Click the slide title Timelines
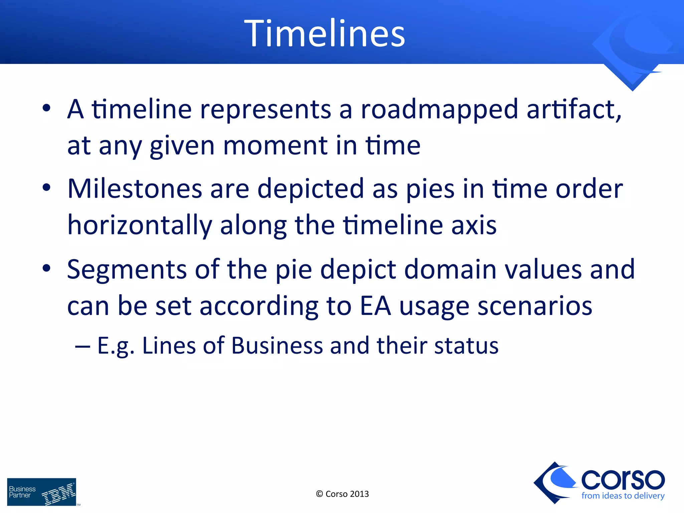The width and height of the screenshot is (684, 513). tap(325, 33)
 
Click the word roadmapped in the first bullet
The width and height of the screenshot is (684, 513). tap(440, 110)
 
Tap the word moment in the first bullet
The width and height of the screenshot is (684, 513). tap(275, 146)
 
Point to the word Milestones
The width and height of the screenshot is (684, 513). tap(134, 189)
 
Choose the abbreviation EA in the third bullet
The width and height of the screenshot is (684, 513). tap(375, 306)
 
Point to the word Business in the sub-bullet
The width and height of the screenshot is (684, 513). tap(277, 345)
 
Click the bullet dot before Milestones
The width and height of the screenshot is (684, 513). tap(46, 188)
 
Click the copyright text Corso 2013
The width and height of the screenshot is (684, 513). tap(342, 494)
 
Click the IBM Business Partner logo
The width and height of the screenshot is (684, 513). tap(42, 492)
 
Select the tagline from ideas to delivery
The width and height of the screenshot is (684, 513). tap(623, 496)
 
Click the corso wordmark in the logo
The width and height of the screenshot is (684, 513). tap(623, 480)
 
